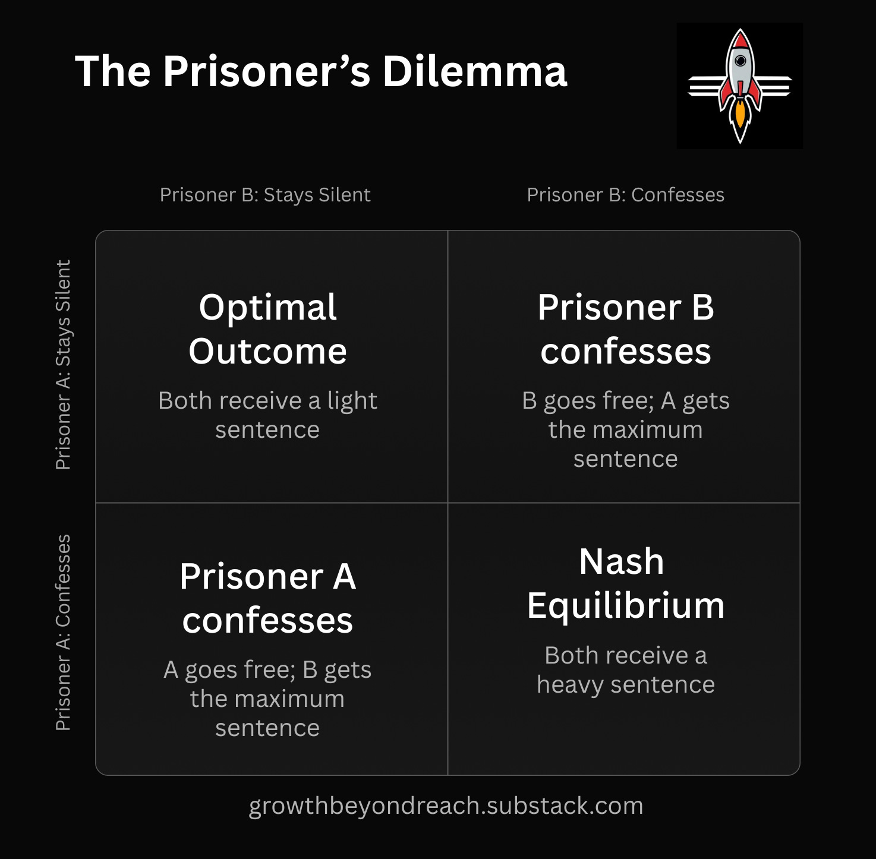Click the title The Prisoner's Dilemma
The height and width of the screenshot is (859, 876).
[x=321, y=71]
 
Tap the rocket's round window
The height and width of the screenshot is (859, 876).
[x=740, y=61]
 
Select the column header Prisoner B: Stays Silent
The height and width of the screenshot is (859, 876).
[x=265, y=195]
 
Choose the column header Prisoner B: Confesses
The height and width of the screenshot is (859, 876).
[x=625, y=195]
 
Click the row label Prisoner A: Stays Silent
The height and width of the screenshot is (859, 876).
[x=63, y=365]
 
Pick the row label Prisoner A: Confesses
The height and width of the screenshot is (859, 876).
[x=63, y=632]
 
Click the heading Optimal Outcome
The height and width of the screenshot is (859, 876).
[x=267, y=329]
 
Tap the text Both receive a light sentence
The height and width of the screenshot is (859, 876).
[x=267, y=415]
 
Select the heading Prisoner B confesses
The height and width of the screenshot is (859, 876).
[x=625, y=329]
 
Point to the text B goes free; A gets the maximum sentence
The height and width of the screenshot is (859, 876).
[x=625, y=429]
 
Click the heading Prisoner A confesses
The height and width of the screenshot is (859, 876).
[x=267, y=598]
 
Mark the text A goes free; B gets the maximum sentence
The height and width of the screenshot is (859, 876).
[x=267, y=699]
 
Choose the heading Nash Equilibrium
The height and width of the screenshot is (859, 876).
[x=625, y=583]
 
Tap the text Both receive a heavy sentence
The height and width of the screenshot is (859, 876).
[x=625, y=669]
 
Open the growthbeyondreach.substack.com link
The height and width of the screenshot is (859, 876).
[x=446, y=806]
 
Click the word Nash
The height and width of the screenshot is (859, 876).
[x=622, y=561]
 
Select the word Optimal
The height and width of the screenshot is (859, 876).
[x=267, y=308]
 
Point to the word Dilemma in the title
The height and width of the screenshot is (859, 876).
[x=474, y=71]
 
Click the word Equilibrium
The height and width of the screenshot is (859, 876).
[x=625, y=606]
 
